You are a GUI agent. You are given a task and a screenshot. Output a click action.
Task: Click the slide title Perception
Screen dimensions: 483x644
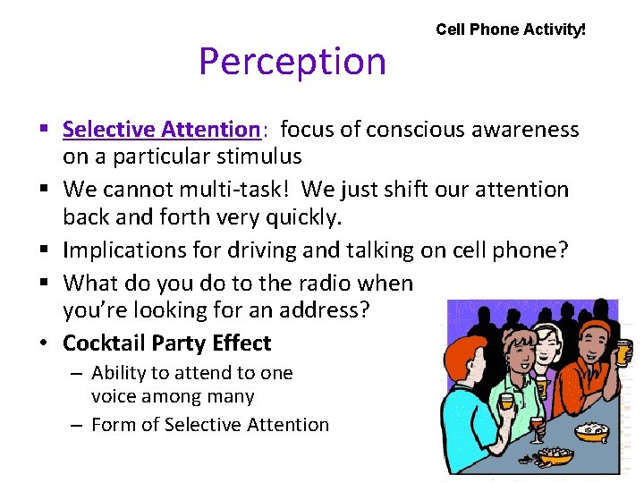[292, 62]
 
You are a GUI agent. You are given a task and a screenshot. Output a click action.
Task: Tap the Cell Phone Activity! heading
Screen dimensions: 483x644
[511, 30]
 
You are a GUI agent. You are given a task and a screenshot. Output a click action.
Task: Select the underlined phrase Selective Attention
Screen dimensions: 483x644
[161, 130]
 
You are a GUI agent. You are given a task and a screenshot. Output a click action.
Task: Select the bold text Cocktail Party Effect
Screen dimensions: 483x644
[166, 343]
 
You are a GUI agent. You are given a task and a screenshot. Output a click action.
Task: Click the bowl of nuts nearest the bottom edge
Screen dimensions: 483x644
[555, 457]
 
